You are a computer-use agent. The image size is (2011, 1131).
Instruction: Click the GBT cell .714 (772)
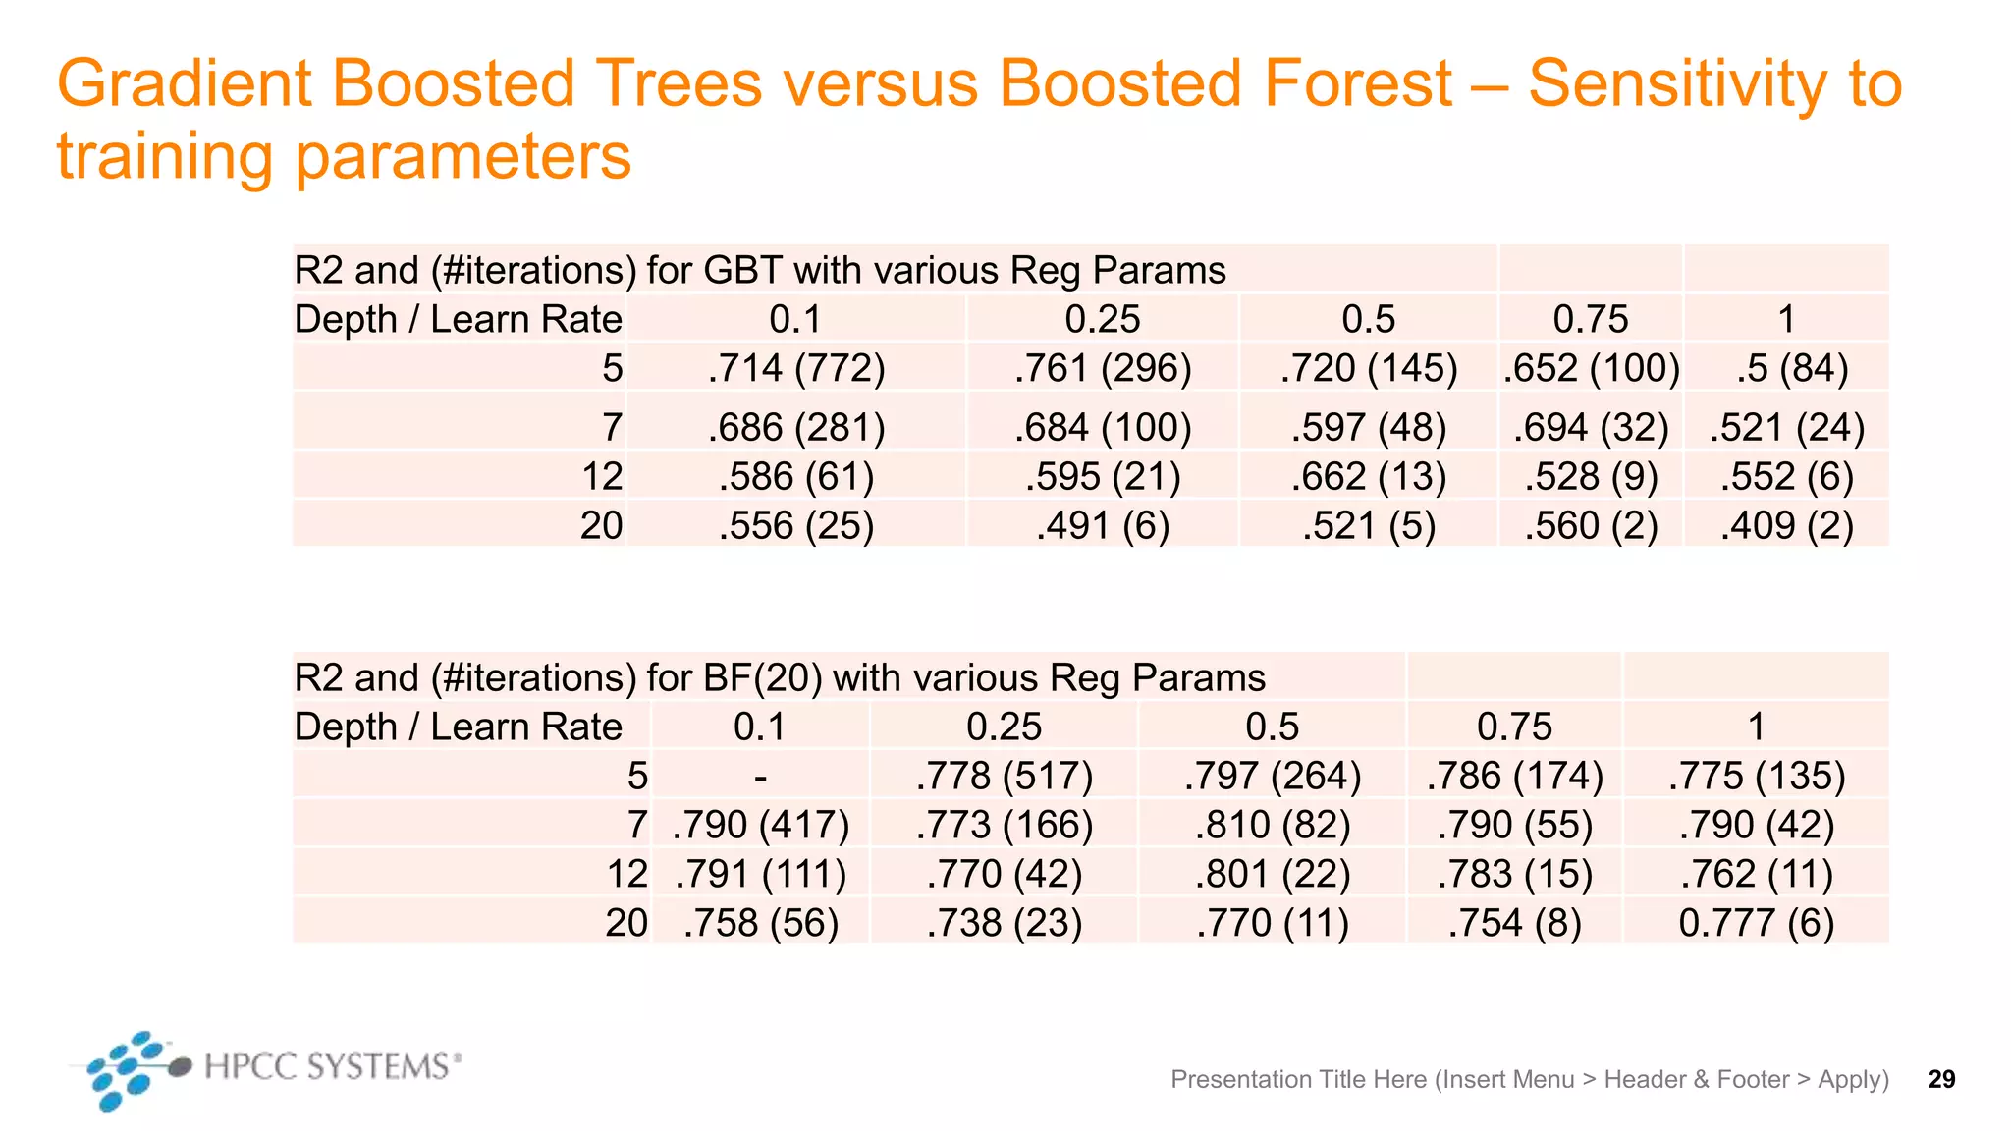pos(796,369)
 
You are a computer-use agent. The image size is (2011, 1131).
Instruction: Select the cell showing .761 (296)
pos(1103,369)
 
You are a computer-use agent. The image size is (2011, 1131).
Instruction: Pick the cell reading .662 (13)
pos(1369,477)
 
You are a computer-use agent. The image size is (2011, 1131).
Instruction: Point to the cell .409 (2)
pos(1787,526)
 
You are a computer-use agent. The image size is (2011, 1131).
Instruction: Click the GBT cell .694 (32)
pos(1591,428)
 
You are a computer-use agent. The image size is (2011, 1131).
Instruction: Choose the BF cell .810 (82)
pos(1273,825)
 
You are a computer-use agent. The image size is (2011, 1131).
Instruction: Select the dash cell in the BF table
pos(760,777)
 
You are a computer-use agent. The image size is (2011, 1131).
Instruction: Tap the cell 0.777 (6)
pos(1757,923)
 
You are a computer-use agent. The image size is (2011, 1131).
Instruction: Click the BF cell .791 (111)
pos(761,874)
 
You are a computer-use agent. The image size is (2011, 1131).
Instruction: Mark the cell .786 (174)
pos(1514,777)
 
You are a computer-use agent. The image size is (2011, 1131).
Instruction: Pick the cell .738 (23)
pos(1004,923)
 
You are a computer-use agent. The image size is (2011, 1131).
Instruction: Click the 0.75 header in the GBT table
pos(1591,320)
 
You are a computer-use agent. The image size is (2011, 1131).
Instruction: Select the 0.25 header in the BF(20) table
pos(1004,727)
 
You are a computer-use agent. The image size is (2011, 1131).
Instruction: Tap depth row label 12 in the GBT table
pos(602,477)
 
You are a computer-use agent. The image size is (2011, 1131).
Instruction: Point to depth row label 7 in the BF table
pos(637,825)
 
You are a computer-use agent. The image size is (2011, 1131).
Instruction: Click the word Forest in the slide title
pos(1358,83)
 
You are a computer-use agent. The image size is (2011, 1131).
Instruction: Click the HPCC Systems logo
pos(265,1068)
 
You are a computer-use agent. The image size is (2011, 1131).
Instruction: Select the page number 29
pos(1941,1079)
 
